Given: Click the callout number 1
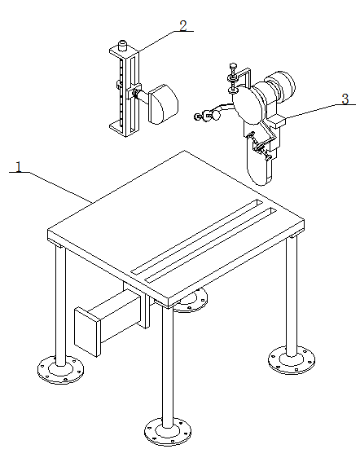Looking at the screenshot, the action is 19,167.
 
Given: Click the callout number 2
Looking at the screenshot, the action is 183,25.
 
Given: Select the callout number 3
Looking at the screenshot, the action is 345,99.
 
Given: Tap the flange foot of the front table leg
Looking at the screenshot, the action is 168,431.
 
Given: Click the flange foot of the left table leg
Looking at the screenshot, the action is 60,370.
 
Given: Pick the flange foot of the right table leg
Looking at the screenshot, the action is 292,360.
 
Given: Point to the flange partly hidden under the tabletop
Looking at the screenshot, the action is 191,301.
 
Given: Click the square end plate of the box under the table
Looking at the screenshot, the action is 88,332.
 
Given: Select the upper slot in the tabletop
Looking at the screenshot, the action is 196,236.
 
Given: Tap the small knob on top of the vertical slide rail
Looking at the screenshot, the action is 123,46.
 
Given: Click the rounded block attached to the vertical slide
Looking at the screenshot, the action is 163,104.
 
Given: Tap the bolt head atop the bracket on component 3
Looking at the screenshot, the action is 234,66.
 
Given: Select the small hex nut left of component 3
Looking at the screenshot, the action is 197,117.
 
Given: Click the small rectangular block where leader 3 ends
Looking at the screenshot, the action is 276,121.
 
